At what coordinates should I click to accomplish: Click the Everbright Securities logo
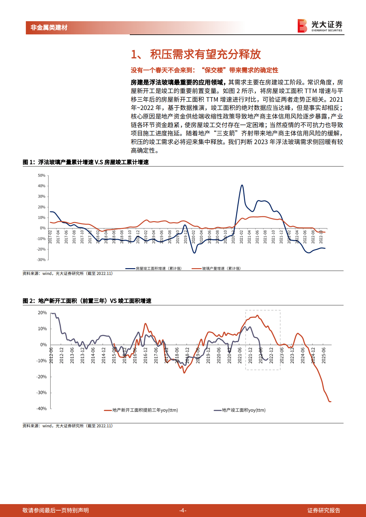pyautogui.click(x=320, y=26)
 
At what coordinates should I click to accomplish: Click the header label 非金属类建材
pyautogui.click(x=49, y=28)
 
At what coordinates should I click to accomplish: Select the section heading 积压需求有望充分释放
pyautogui.click(x=205, y=54)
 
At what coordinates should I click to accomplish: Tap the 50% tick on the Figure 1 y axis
pyautogui.click(x=42, y=175)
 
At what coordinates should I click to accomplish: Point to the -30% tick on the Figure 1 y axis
pyautogui.click(x=41, y=260)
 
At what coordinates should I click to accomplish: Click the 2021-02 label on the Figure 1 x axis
pyautogui.click(x=241, y=237)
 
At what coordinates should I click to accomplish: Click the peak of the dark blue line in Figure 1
pyautogui.click(x=242, y=185)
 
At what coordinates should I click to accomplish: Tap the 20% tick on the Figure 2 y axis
pyautogui.click(x=42, y=313)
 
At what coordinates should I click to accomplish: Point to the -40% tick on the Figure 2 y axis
pyautogui.click(x=42, y=409)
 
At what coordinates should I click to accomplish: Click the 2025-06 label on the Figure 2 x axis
pyautogui.click(x=324, y=356)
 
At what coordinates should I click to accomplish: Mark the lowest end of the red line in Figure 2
pyautogui.click(x=330, y=401)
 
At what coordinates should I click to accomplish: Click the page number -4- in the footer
pyautogui.click(x=183, y=510)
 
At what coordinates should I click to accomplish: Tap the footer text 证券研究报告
pyautogui.click(x=324, y=510)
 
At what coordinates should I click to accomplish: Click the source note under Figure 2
pyautogui.click(x=68, y=426)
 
